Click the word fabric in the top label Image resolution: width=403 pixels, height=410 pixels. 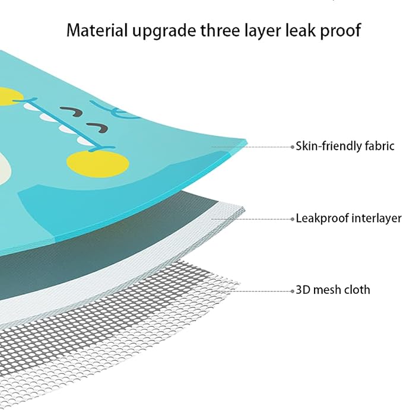376,145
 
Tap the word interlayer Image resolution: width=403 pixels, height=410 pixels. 376,218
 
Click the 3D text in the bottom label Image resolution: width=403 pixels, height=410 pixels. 303,290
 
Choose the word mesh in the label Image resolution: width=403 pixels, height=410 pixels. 326,290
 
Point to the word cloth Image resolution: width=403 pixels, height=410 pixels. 357,290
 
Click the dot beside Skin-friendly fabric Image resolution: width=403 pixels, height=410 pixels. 293,147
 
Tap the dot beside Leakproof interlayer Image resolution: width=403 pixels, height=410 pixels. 293,219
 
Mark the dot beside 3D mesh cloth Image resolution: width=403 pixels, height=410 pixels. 293,291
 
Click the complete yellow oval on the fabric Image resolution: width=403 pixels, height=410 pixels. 98,164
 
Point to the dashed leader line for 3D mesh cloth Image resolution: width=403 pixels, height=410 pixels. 257,291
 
